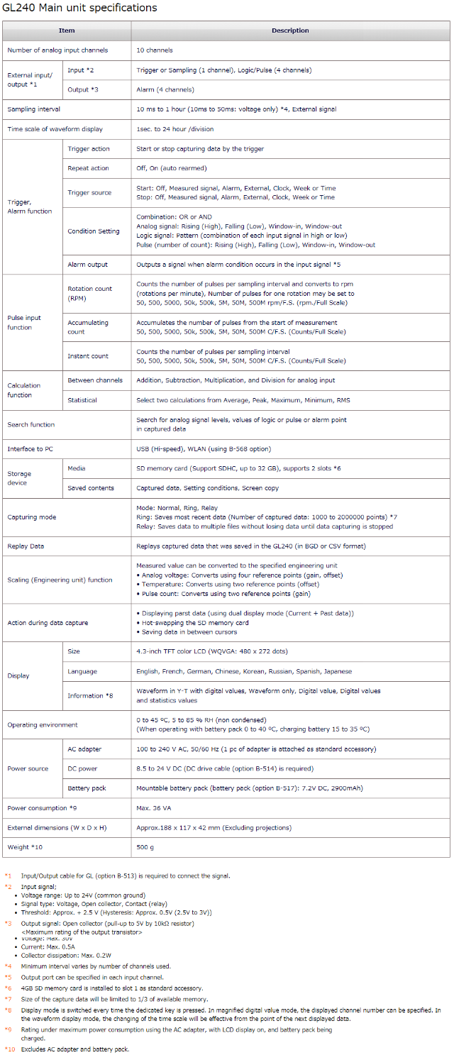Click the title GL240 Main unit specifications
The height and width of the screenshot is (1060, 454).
coord(80,8)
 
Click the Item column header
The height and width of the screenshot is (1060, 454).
coord(66,31)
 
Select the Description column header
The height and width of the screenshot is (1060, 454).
coord(290,31)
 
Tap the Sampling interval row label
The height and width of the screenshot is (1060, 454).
coord(34,109)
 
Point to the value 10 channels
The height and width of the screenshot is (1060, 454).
coord(155,50)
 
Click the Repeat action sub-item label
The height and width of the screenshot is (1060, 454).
coord(88,168)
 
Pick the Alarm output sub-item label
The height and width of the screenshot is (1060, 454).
coord(87,264)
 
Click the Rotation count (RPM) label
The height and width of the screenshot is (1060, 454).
coord(89,293)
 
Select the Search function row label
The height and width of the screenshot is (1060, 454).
coord(31,424)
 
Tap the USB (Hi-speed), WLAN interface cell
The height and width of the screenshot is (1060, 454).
coord(204,448)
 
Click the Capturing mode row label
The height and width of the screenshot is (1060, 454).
coord(31,517)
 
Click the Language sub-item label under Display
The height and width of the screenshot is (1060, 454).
coord(82,671)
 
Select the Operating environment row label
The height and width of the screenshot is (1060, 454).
coord(43,724)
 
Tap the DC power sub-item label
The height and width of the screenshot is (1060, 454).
coord(82,768)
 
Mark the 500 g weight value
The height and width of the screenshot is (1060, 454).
coord(145,847)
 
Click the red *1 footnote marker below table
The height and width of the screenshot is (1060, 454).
coord(9,876)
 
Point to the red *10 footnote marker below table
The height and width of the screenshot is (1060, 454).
coord(10,1049)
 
